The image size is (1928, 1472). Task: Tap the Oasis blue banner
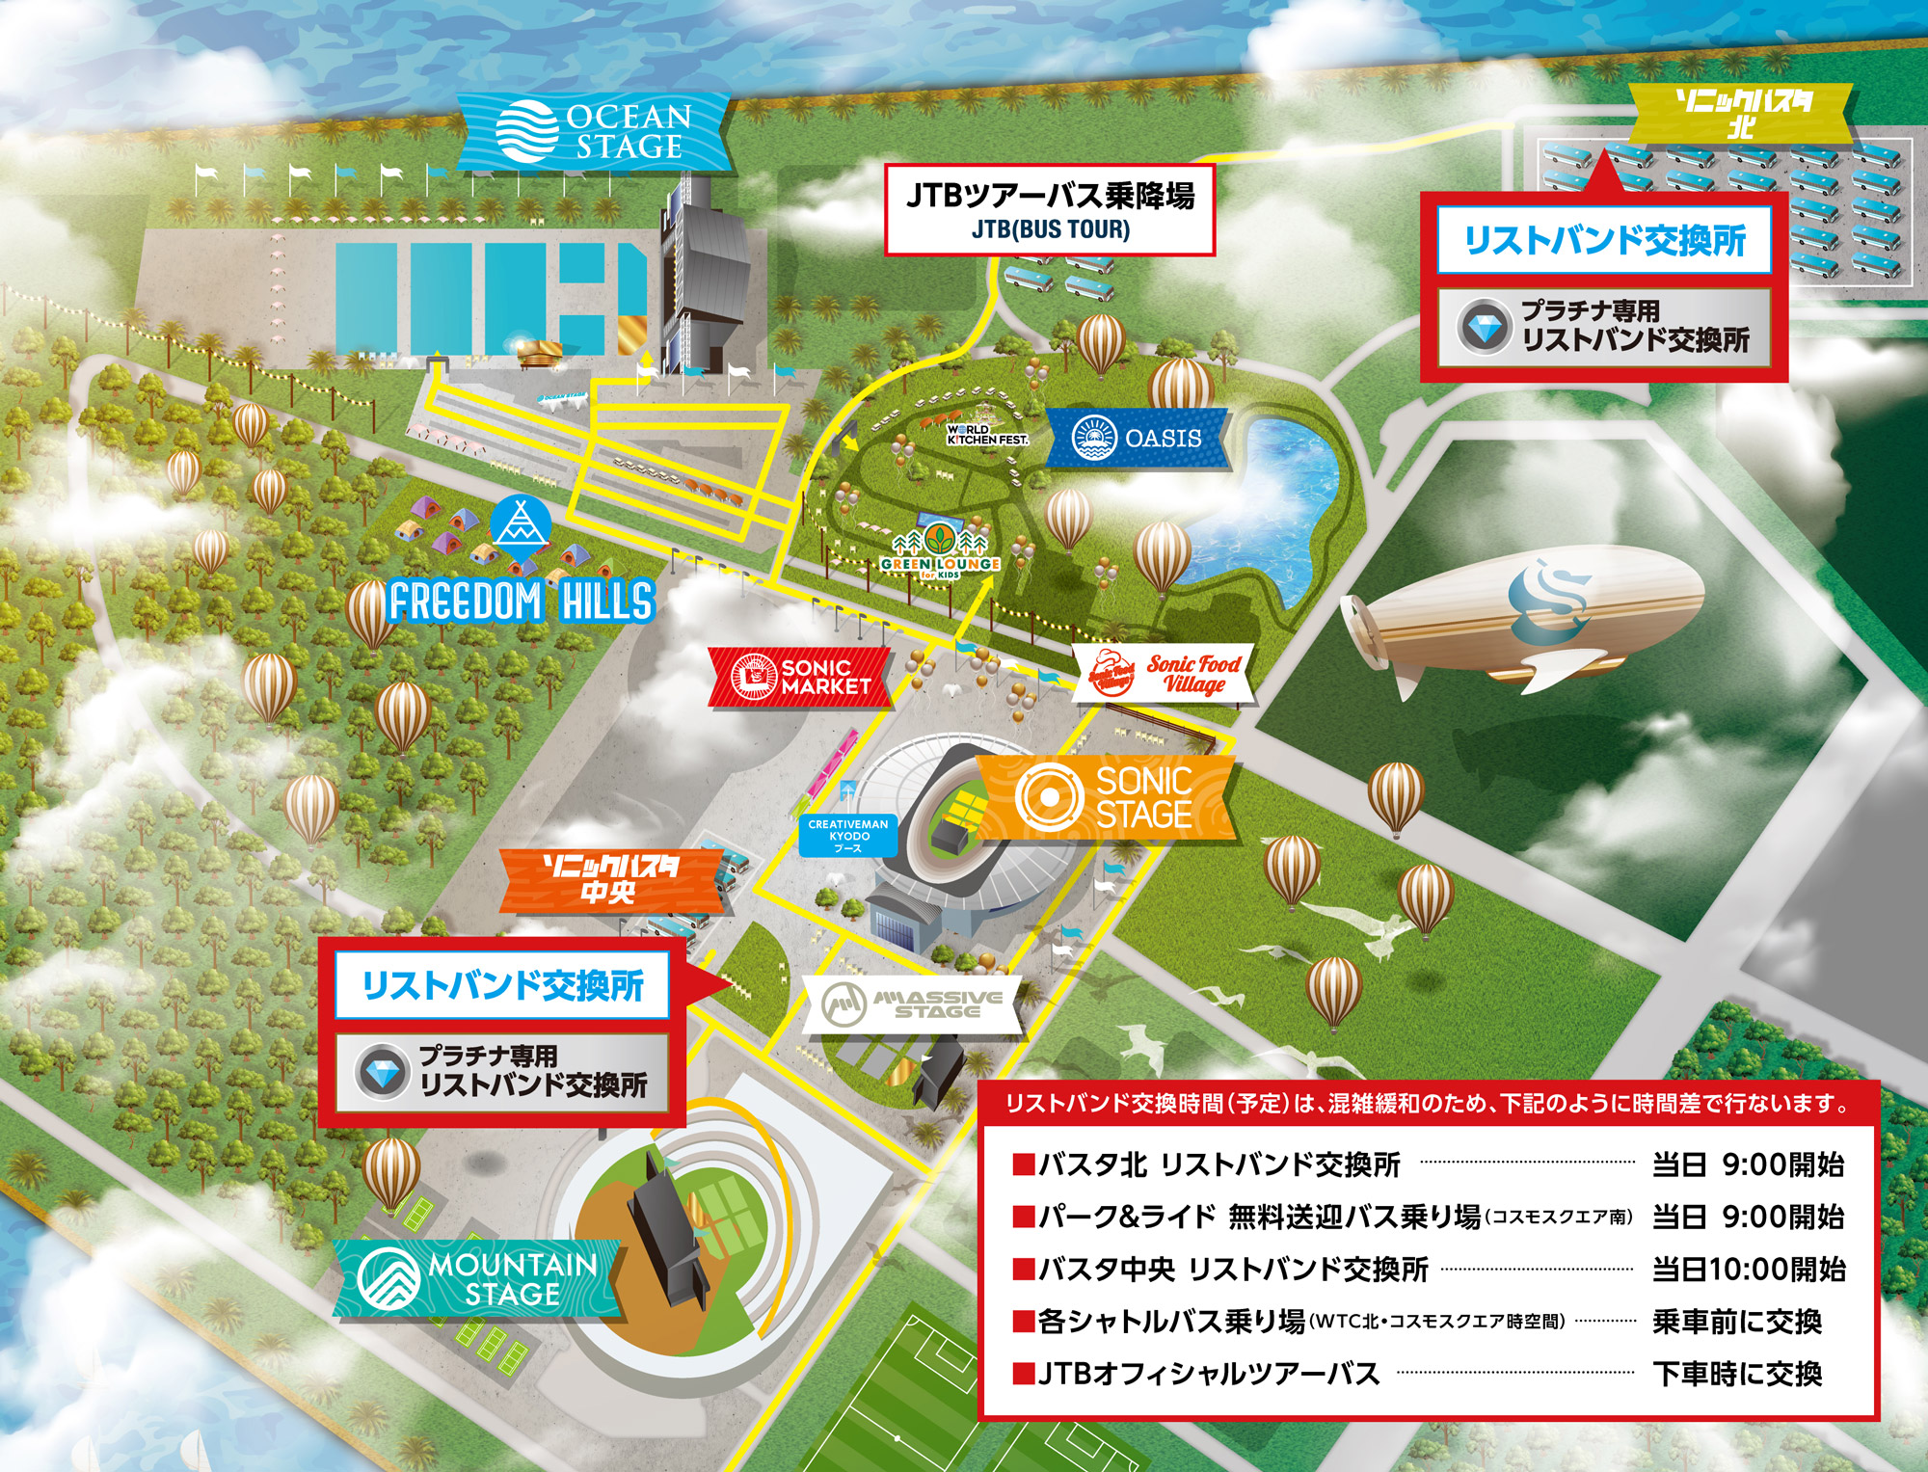pos(1138,439)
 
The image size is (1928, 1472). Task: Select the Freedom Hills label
pos(522,602)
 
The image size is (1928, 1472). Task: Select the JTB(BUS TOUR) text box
pos(1050,210)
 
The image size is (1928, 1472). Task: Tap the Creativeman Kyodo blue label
pos(848,836)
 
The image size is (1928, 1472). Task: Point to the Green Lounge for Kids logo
pos(940,554)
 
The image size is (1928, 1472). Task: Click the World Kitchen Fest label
pos(987,435)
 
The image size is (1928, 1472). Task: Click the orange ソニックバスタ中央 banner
pos(611,880)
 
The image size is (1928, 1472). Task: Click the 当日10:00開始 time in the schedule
pos(1748,1269)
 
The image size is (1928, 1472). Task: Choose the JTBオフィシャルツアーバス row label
pos(1208,1373)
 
